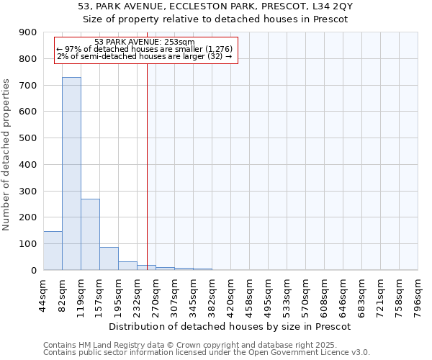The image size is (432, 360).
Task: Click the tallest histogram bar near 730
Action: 71,174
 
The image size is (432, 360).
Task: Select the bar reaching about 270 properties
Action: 90,234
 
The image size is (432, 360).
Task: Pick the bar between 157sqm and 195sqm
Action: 109,258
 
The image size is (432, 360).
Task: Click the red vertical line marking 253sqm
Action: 147,158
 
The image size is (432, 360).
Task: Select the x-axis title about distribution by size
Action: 230,326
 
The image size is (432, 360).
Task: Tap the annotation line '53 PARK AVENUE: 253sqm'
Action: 144,42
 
